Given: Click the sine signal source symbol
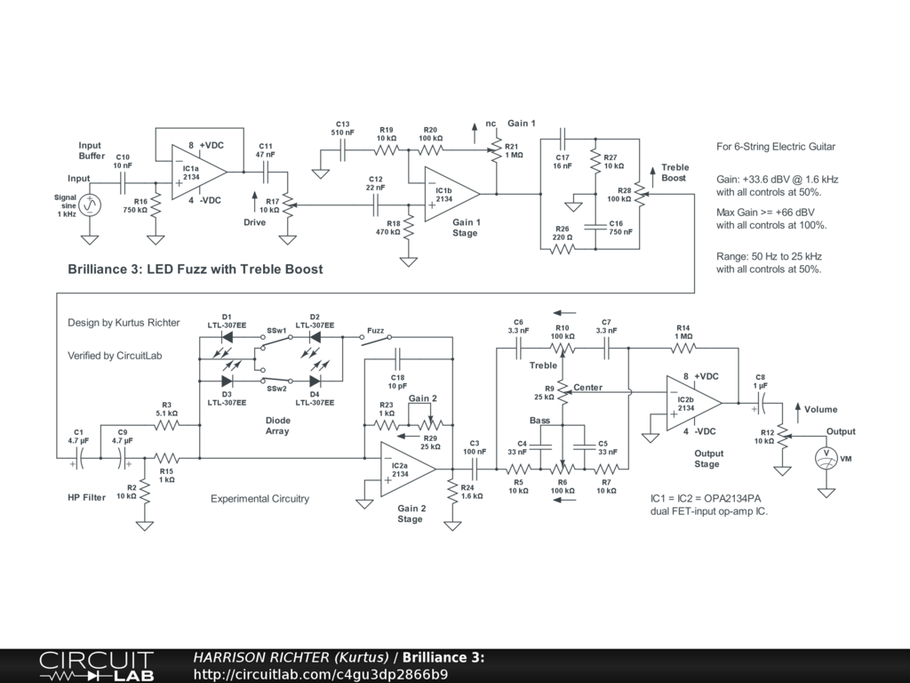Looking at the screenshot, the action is click(90, 205).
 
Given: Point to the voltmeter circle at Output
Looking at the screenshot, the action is click(826, 458).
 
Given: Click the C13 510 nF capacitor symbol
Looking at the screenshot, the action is click(342, 150).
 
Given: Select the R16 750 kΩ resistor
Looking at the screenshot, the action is click(156, 205).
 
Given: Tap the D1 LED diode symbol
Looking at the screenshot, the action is click(227, 337).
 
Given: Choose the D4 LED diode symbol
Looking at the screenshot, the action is click(315, 381).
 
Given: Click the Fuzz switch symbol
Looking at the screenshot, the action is click(376, 339).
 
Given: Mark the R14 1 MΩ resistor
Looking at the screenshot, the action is click(683, 349).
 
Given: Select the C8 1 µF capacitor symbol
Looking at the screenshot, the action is click(761, 403).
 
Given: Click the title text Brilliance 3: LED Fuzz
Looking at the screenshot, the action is click(195, 269).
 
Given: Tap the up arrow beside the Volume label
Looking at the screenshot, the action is click(797, 409).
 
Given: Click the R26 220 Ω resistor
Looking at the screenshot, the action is click(563, 249).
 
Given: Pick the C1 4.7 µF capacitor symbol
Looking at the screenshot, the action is click(79, 458).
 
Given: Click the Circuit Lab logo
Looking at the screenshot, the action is click(96, 666).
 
